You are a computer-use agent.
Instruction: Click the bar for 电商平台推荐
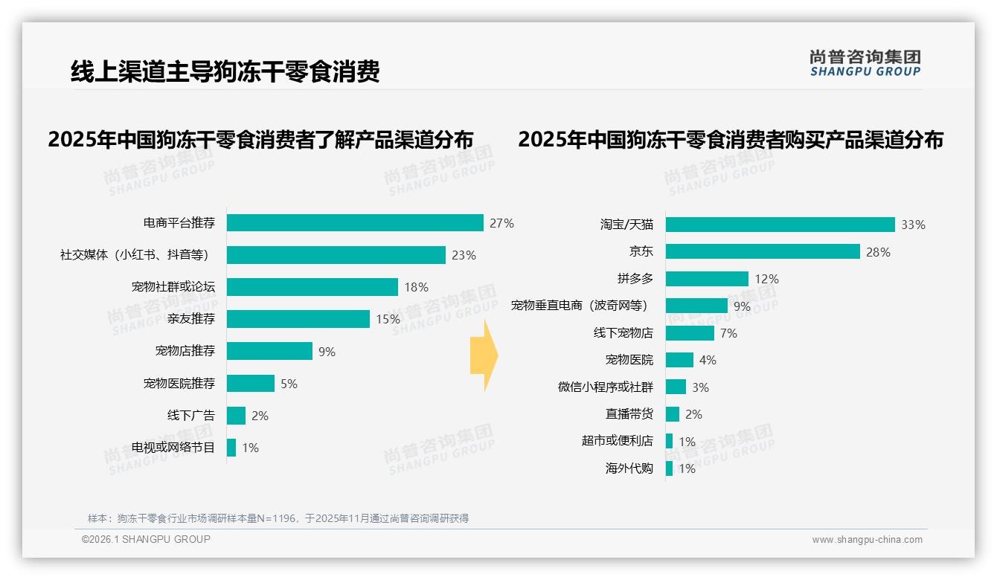355,223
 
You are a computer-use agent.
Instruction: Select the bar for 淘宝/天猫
780,225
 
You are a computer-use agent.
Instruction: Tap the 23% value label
464,255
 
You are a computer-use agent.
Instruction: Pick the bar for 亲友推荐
298,319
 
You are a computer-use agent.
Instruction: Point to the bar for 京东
763,251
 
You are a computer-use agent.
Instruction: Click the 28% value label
878,252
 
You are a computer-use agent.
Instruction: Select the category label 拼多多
635,279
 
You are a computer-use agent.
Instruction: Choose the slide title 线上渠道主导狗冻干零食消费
225,71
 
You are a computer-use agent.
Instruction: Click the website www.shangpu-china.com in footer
867,540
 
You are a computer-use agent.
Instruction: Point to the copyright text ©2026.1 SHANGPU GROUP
146,539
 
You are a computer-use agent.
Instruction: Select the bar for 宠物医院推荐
251,384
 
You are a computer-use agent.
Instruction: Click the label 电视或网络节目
173,448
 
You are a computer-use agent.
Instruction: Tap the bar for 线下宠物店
690,333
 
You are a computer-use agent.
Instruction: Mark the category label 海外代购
629,468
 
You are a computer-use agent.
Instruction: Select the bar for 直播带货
673,414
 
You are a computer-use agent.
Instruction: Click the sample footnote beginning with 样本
278,518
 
